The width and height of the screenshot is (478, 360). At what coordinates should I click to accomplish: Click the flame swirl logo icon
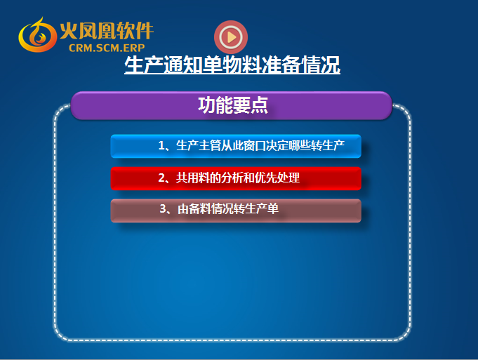tap(37, 35)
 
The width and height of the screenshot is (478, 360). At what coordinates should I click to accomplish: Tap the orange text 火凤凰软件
tap(107, 30)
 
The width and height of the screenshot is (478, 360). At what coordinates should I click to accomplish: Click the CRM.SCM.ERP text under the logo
tap(107, 48)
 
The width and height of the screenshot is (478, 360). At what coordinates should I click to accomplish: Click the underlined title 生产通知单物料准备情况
tap(232, 65)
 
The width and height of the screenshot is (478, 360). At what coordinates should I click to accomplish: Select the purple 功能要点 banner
tap(232, 105)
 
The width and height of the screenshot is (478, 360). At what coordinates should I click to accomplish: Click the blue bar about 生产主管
tap(236, 146)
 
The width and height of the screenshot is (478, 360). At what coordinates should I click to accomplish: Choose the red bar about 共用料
tap(236, 178)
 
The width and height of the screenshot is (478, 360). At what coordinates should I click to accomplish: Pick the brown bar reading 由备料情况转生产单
tap(236, 211)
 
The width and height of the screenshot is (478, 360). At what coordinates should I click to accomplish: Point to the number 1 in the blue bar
tap(161, 146)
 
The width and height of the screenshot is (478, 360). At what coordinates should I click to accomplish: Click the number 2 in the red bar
tap(161, 178)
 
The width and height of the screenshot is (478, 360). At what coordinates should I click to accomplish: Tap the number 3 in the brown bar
tap(163, 209)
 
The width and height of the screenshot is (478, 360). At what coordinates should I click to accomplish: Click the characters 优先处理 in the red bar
tap(277, 178)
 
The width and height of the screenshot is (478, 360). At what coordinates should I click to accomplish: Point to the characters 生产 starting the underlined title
tap(144, 65)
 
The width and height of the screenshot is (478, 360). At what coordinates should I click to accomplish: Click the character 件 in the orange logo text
tap(144, 30)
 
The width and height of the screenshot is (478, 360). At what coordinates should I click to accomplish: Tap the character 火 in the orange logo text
tap(69, 30)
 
